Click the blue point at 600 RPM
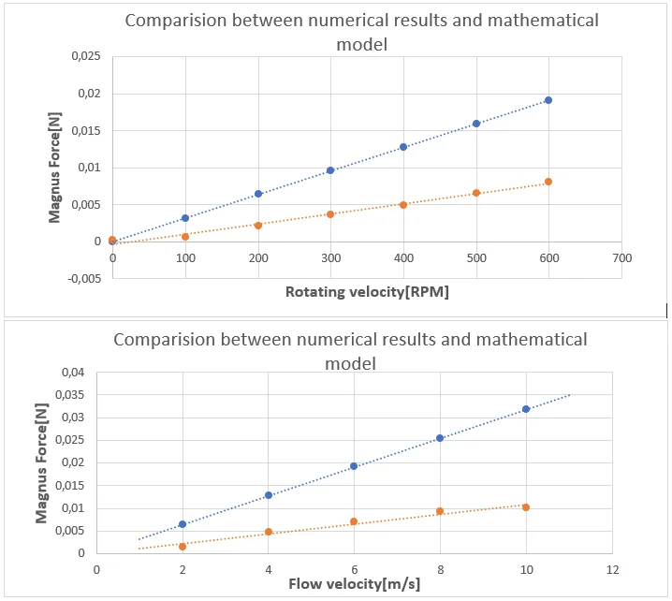548,100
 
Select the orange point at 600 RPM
548,182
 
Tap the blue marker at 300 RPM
330,170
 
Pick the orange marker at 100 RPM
185,237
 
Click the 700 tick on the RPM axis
621,257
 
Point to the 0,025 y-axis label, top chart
85,57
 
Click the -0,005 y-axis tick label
82,278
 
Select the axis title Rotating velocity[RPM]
367,292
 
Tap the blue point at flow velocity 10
526,409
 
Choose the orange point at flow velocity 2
183,547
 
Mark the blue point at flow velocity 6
354,466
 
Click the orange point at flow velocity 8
440,511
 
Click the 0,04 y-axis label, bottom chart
73,373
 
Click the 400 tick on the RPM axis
403,257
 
